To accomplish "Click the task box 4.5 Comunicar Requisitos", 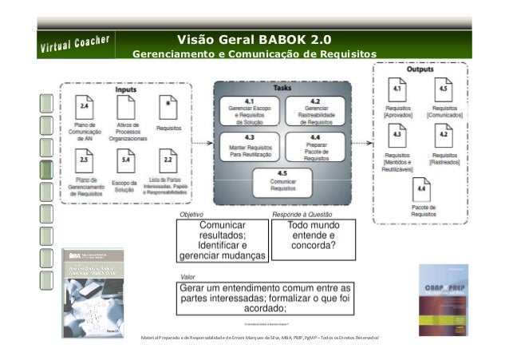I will [x=282, y=182].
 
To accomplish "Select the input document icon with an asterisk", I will [x=167, y=106].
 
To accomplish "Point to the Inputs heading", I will [x=125, y=90].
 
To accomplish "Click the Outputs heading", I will [x=420, y=69].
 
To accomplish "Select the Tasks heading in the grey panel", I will [x=282, y=88].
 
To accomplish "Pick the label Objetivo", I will [x=192, y=215].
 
